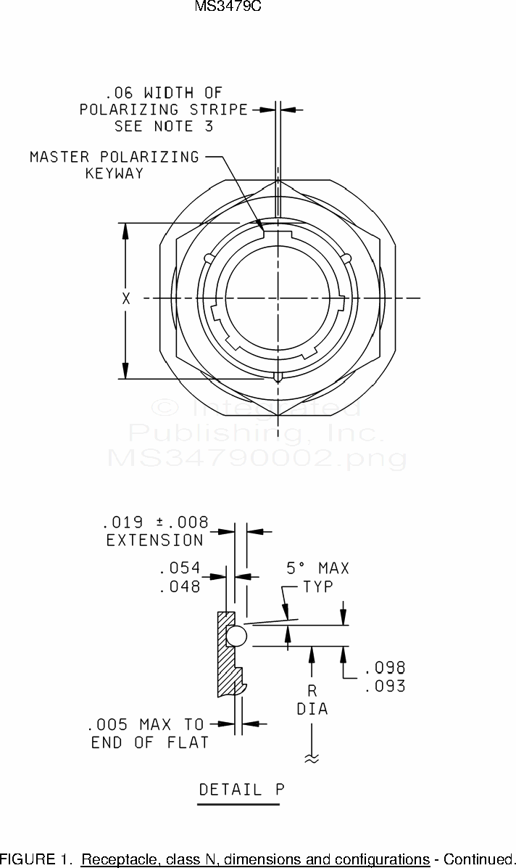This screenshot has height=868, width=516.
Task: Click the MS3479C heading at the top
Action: click(228, 7)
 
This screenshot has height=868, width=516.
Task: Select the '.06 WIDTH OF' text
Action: click(164, 92)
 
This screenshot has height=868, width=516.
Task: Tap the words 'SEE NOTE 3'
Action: click(164, 126)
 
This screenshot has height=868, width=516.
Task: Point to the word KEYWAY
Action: click(114, 173)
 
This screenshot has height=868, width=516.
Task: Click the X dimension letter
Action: click(126, 298)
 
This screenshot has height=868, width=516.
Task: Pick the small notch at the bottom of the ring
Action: click(278, 377)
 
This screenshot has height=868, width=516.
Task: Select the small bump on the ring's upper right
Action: click(346, 258)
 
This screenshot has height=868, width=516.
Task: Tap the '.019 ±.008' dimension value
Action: click(155, 522)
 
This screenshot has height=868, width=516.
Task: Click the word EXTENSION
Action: click(155, 540)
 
